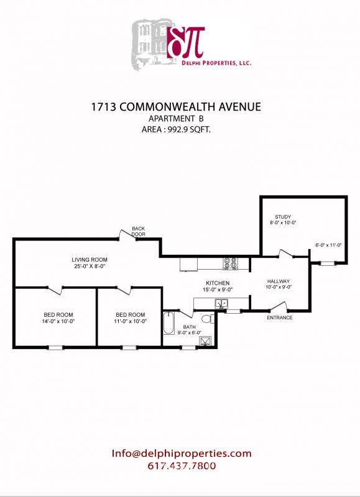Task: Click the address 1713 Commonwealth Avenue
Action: pyautogui.click(x=176, y=107)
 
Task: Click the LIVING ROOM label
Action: pyautogui.click(x=90, y=260)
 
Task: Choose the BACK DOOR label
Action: pyautogui.click(x=138, y=232)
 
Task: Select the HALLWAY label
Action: pyautogui.click(x=279, y=281)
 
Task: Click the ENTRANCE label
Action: pyautogui.click(x=279, y=317)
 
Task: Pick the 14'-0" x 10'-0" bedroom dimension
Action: pyautogui.click(x=57, y=321)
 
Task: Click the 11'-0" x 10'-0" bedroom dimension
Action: pyautogui.click(x=131, y=321)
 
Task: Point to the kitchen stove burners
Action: pyautogui.click(x=231, y=264)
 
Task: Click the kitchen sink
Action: pyautogui.click(x=221, y=304)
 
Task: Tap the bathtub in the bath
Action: pyautogui.click(x=168, y=324)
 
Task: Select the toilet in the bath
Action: pyautogui.click(x=208, y=319)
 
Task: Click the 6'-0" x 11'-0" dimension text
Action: pyautogui.click(x=328, y=245)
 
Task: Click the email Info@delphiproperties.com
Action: pyautogui.click(x=181, y=454)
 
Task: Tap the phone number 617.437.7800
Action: pyautogui.click(x=181, y=466)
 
